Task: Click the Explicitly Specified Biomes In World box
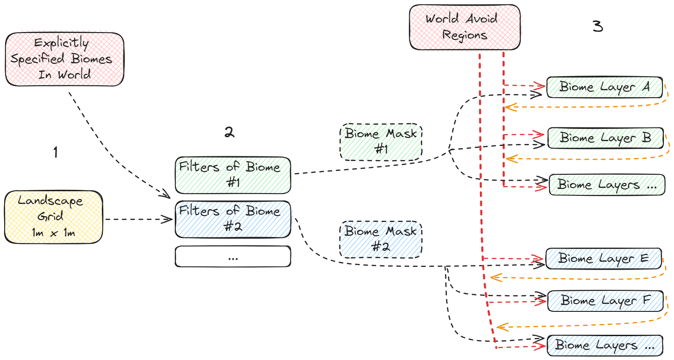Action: click(x=64, y=59)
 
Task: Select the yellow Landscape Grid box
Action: click(x=53, y=217)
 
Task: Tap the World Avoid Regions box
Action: click(x=465, y=27)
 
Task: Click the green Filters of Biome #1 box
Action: click(x=233, y=174)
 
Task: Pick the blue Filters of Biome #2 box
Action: click(x=233, y=219)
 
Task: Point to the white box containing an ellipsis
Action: click(x=233, y=256)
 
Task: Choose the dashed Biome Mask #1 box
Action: click(x=381, y=141)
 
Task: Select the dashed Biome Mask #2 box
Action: click(x=381, y=239)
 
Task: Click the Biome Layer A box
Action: click(x=605, y=87)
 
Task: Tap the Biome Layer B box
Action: click(x=606, y=138)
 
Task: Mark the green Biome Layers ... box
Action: click(x=607, y=185)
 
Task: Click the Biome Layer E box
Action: click(x=603, y=259)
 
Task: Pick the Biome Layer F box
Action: click(x=605, y=301)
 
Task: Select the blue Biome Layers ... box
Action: click(x=605, y=345)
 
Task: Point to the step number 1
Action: click(x=56, y=152)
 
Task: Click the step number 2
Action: click(x=229, y=133)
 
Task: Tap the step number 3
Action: click(x=597, y=27)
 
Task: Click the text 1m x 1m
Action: click(x=53, y=233)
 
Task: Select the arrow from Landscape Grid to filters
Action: click(x=138, y=220)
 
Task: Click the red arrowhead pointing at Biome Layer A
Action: click(x=540, y=85)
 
